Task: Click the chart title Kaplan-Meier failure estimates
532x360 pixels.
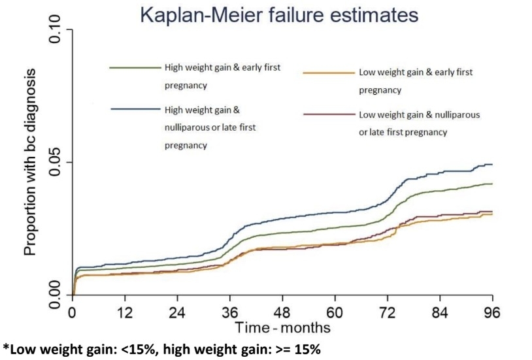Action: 279,15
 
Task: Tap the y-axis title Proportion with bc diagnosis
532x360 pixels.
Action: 30,162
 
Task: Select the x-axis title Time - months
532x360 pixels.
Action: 282,327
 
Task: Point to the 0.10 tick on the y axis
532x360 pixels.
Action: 55,29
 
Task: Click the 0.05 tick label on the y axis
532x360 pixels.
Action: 55,162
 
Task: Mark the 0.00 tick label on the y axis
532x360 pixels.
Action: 55,295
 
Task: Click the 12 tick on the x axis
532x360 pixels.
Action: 125,312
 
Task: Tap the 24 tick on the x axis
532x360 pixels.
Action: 178,312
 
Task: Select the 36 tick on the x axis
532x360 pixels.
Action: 230,312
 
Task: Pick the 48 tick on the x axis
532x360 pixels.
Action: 282,312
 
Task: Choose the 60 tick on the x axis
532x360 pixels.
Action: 335,312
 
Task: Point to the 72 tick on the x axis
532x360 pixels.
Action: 388,312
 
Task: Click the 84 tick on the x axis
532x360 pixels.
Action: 440,312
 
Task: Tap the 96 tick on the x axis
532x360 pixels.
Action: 492,312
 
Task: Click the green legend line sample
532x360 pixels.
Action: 135,68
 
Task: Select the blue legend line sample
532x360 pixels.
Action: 136,109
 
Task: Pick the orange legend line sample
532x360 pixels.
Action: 329,73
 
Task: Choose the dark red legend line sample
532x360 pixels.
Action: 329,114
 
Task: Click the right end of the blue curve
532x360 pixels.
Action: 492,165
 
